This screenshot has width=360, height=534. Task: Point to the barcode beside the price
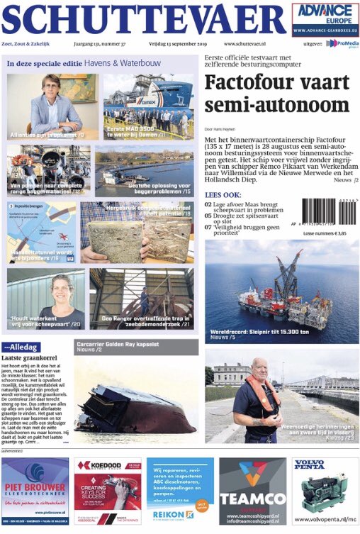(x=330, y=211)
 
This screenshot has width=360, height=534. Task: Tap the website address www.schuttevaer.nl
(x=244, y=44)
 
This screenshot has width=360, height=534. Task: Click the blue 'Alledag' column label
(x=22, y=347)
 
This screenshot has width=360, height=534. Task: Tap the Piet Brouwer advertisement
(x=35, y=490)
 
